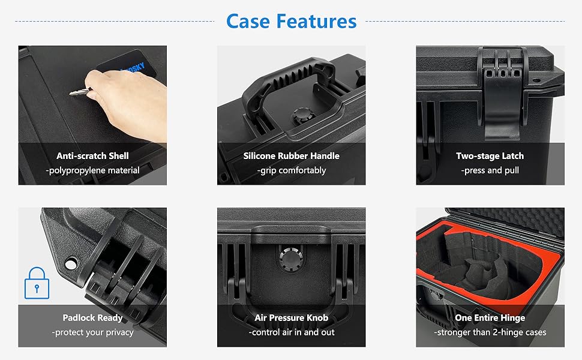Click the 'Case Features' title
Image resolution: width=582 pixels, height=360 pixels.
click(291, 22)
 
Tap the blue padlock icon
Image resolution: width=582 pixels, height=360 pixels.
click(37, 283)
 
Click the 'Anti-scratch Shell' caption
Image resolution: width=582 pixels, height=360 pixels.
click(92, 156)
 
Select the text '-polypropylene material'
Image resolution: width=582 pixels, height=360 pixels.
click(92, 170)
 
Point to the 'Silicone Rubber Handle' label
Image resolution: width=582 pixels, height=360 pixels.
click(291, 156)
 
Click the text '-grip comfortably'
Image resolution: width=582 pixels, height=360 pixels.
click(291, 170)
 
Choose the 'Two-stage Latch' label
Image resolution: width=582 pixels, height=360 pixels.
click(490, 156)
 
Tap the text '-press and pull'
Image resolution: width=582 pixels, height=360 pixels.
click(490, 170)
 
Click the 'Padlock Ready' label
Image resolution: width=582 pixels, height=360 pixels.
click(92, 318)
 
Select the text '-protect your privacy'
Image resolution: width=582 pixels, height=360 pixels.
click(92, 332)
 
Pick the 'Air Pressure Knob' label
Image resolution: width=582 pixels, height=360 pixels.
click(291, 318)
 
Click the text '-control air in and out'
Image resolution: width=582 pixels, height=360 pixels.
click(291, 332)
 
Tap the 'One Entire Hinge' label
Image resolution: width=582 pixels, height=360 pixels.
click(490, 318)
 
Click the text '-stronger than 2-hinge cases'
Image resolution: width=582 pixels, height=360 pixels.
click(490, 332)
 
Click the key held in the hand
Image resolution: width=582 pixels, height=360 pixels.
click(79, 92)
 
